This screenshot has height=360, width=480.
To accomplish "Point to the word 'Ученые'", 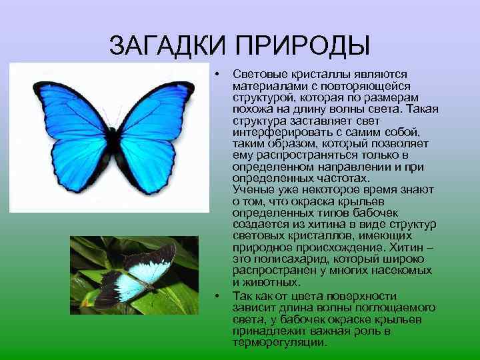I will click(252, 191).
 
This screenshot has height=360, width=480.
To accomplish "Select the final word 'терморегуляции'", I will click(279, 343).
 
